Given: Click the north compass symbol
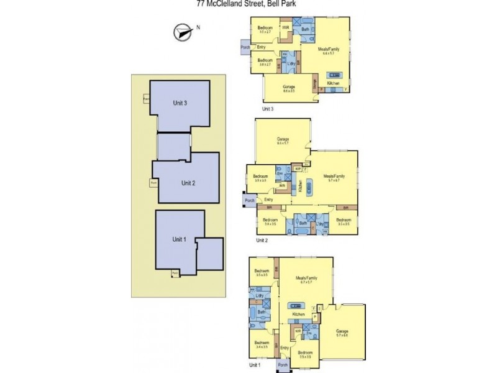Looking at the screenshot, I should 181,33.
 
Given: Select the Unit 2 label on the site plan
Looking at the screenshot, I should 188,183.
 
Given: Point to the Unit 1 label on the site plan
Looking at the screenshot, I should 179,239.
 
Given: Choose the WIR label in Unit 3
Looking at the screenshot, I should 286,28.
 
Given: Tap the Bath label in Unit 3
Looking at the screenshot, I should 305,29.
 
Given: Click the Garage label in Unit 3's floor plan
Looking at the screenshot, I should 288,86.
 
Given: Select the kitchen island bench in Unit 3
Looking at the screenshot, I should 327,72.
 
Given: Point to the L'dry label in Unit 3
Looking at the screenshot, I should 290,63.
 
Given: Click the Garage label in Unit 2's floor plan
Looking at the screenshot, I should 283,139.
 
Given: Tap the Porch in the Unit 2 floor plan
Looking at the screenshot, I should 250,200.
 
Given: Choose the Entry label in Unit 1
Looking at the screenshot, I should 285,348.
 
